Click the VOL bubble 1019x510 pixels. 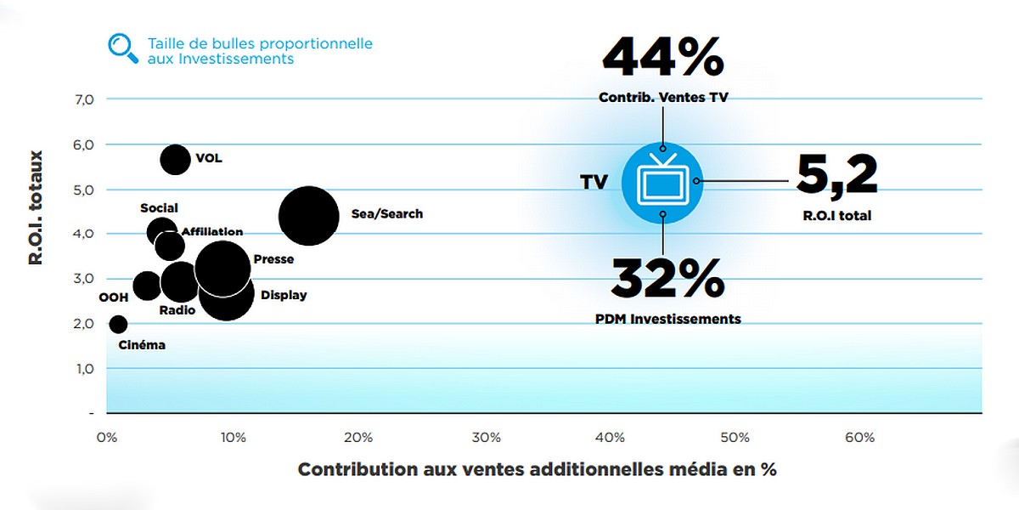tap(175, 159)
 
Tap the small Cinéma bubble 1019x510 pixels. tap(118, 324)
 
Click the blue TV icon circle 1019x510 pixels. tap(663, 181)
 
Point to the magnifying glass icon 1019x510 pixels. tap(123, 48)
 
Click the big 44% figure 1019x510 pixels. tap(662, 57)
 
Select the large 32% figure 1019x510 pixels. tap(667, 278)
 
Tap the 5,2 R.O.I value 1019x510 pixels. tap(836, 176)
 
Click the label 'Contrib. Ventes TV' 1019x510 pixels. tap(663, 98)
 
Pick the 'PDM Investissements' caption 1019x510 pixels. tap(667, 320)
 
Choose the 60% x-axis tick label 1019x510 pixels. tap(859, 438)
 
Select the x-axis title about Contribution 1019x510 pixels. tap(537, 469)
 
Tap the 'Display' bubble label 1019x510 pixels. tap(284, 295)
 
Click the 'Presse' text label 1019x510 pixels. tap(273, 259)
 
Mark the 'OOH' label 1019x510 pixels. tap(114, 297)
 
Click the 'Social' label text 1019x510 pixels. tap(160, 208)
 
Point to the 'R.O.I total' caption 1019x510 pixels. tap(836, 216)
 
